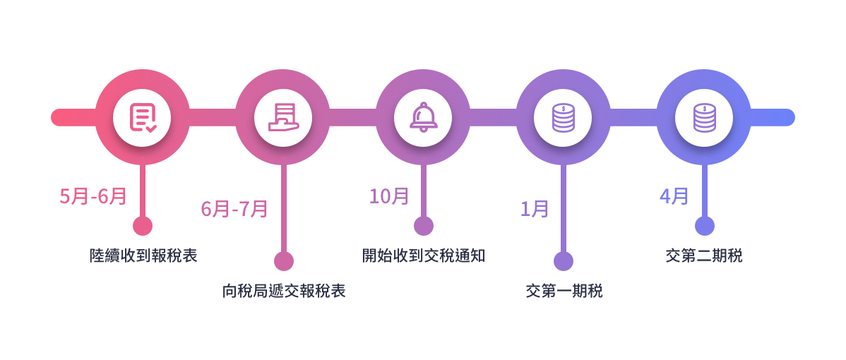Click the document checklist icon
[x=143, y=117]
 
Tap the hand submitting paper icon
[x=282, y=117]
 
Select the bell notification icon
[x=424, y=117]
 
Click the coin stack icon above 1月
[x=563, y=117]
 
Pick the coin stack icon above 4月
[x=704, y=117]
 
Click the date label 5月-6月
[x=93, y=196]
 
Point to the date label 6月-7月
[x=234, y=209]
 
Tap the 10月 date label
[x=389, y=196]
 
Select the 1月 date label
[x=535, y=209]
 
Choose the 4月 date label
[x=674, y=196]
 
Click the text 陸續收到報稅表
[x=143, y=256]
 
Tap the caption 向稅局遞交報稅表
[x=284, y=291]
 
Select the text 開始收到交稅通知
[x=424, y=256]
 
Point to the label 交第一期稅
[x=564, y=291]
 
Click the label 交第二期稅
[x=704, y=256]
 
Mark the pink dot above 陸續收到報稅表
[x=143, y=226]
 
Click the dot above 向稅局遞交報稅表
[x=283, y=261]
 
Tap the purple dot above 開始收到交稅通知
[x=424, y=226]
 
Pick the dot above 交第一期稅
[x=564, y=261]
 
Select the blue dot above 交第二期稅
[x=704, y=226]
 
